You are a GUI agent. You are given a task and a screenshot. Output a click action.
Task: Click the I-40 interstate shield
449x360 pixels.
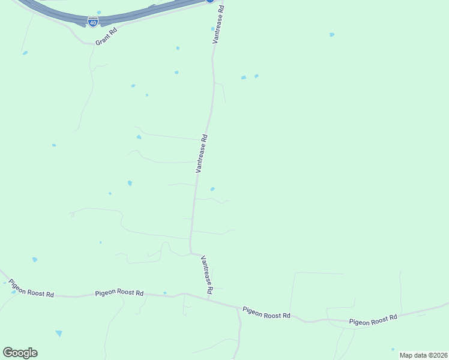pyautogui.click(x=93, y=22)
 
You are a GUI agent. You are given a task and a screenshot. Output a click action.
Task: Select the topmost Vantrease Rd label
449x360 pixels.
pyautogui.click(x=217, y=25)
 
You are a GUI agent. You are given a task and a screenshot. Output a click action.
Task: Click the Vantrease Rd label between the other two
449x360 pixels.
pyautogui.click(x=202, y=154)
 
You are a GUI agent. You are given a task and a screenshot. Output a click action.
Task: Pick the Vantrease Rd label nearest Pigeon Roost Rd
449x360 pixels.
pyautogui.click(x=207, y=274)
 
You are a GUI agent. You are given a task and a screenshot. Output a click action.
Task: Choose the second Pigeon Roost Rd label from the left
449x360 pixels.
pyautogui.click(x=119, y=293)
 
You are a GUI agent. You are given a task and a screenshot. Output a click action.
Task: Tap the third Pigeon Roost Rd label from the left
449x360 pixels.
pyautogui.click(x=267, y=313)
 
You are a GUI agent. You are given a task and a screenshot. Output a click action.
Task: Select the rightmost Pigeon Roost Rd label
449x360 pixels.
pyautogui.click(x=373, y=320)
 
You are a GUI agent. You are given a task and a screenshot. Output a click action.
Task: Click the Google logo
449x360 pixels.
pyautogui.click(x=20, y=353)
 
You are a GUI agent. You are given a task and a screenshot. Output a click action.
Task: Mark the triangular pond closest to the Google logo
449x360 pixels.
pyautogui.click(x=58, y=333)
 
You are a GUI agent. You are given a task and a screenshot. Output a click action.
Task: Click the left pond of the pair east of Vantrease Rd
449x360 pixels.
pyautogui.click(x=243, y=77)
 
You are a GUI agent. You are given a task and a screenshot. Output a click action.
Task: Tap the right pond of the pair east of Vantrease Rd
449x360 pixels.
pyautogui.click(x=256, y=76)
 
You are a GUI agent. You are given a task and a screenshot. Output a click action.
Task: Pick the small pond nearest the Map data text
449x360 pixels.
pyautogui.click(x=393, y=349)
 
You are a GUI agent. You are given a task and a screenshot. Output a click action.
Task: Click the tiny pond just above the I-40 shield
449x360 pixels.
pyautogui.click(x=99, y=12)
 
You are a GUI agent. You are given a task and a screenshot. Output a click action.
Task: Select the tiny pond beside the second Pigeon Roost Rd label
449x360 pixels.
pyautogui.click(x=164, y=293)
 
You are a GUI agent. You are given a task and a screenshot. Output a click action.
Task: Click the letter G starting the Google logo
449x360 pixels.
pyautogui.click(x=8, y=352)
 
